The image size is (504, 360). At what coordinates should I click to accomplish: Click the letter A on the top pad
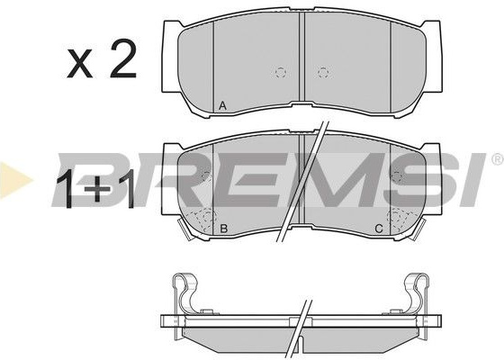(x=222, y=106)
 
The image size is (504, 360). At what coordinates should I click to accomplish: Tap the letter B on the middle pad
(x=223, y=229)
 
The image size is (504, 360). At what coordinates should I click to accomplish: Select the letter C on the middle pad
(x=379, y=229)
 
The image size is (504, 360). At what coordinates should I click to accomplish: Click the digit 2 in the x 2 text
(x=122, y=58)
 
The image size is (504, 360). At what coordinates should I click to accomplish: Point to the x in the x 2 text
(x=80, y=64)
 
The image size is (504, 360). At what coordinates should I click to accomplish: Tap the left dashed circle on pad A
(x=281, y=72)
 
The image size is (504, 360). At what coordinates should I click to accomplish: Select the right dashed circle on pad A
(x=323, y=72)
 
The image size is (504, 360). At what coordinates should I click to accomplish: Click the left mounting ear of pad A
(x=171, y=56)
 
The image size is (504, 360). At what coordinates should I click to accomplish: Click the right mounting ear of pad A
(x=433, y=56)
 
